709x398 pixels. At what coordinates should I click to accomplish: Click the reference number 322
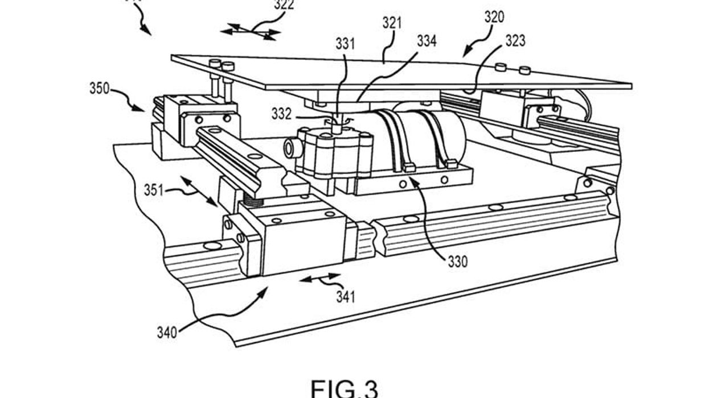(284, 5)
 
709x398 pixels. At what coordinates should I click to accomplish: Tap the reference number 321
(392, 23)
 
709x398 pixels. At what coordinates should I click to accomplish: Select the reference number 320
(494, 18)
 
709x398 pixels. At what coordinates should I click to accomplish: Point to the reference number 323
(514, 41)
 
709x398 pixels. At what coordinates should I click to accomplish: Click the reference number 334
(427, 41)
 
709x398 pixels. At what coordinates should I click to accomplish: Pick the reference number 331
(345, 44)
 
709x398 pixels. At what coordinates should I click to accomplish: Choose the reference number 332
(281, 114)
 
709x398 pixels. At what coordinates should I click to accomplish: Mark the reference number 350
(100, 89)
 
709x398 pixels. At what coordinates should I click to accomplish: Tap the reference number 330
(457, 262)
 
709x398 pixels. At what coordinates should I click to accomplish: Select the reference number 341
(345, 296)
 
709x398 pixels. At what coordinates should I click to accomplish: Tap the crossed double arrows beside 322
(251, 32)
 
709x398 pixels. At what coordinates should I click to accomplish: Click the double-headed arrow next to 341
(320, 278)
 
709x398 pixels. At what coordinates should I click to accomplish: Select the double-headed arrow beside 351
(199, 190)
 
